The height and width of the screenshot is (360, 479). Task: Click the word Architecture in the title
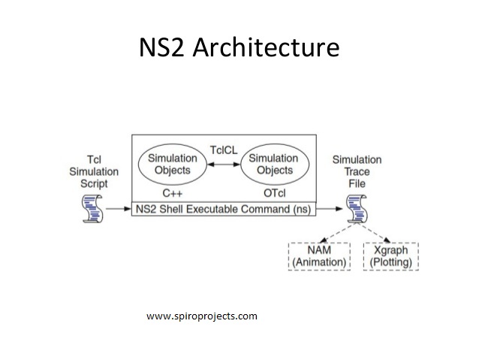[267, 47]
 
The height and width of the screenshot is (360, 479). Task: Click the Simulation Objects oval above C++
[172, 164]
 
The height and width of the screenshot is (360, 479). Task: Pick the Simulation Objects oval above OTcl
[273, 164]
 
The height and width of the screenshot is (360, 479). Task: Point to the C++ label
[172, 192]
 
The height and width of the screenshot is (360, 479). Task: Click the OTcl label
[273, 192]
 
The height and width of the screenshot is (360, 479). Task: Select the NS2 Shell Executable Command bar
[224, 207]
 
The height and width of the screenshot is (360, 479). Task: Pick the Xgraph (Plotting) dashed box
[390, 256]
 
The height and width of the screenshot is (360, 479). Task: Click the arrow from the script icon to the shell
[118, 208]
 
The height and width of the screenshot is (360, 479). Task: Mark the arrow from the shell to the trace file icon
[330, 208]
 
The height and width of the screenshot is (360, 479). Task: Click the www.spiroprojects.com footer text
[202, 316]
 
